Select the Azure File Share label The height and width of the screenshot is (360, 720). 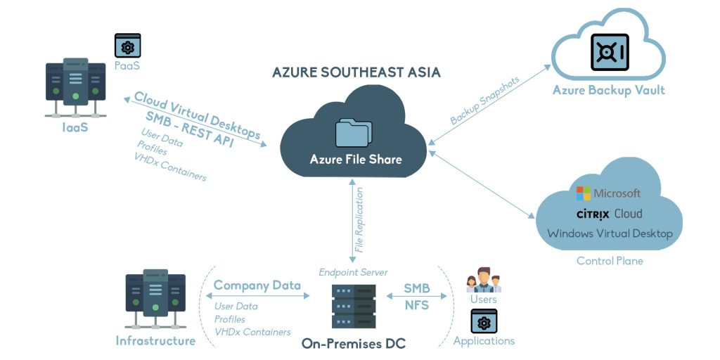click(356, 159)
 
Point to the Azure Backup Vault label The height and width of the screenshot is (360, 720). click(608, 90)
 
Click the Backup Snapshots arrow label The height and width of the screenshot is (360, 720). click(485, 100)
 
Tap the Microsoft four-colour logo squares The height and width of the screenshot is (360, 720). click(584, 193)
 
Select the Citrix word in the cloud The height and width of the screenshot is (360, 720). click(593, 214)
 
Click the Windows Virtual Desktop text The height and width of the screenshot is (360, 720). click(610, 233)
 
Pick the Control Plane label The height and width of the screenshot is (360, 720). click(610, 261)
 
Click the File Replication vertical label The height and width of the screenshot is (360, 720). click(359, 219)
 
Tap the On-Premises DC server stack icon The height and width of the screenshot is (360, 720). click(354, 307)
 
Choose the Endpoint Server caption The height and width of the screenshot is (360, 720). click(353, 271)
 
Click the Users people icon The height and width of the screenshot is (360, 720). click(484, 280)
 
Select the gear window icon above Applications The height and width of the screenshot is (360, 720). click(484, 321)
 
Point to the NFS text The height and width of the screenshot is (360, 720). click(417, 305)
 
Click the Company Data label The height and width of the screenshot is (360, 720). click(257, 285)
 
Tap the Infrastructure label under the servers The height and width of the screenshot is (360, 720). click(155, 341)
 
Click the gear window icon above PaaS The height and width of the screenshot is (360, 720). click(127, 46)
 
